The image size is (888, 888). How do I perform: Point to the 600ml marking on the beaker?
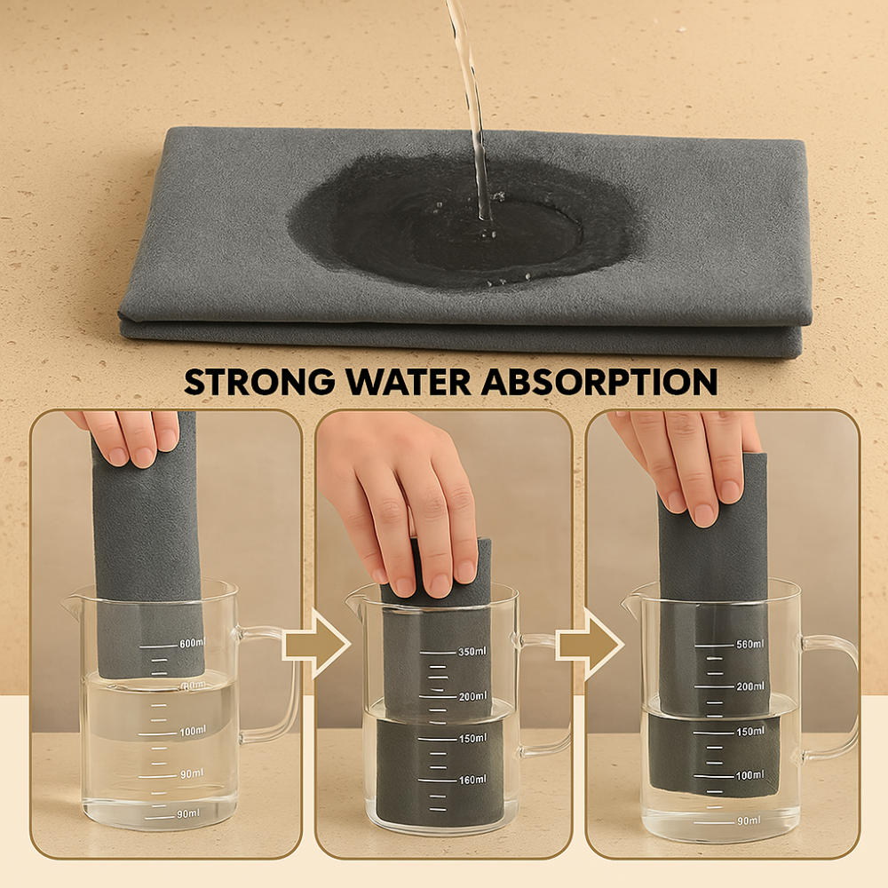coord(193,643)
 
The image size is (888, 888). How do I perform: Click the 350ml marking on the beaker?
coord(472,653)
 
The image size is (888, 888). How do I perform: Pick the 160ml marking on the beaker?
coord(472,780)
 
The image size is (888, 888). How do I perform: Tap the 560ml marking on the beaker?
coord(749,644)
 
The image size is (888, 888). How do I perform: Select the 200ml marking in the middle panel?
coord(472,696)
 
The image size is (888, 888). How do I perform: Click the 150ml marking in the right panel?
coord(749,731)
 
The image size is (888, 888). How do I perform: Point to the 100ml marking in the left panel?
coord(193,731)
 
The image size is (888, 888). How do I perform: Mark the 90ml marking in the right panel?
coord(749,820)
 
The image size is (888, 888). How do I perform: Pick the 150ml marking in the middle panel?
coord(472,738)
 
